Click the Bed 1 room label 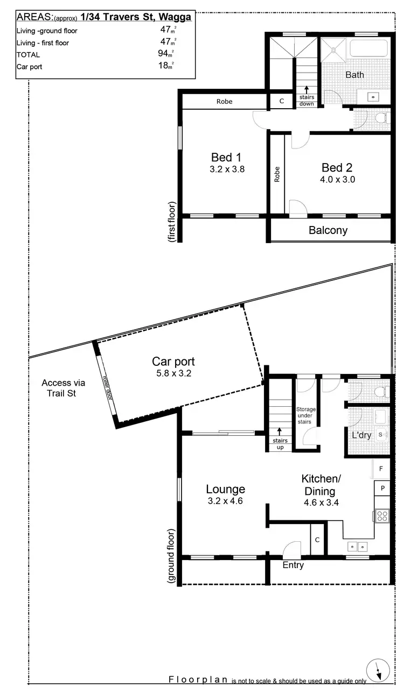tap(226, 157)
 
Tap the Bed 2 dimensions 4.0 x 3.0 tap(338, 180)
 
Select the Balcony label tap(328, 230)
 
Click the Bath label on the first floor tap(354, 75)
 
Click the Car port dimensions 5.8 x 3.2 tap(173, 372)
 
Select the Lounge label tap(225, 489)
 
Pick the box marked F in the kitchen tap(381, 469)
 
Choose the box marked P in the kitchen tap(382, 488)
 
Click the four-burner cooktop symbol tap(382, 516)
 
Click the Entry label tap(293, 565)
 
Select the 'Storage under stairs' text tap(306, 415)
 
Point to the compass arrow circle tap(377, 670)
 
